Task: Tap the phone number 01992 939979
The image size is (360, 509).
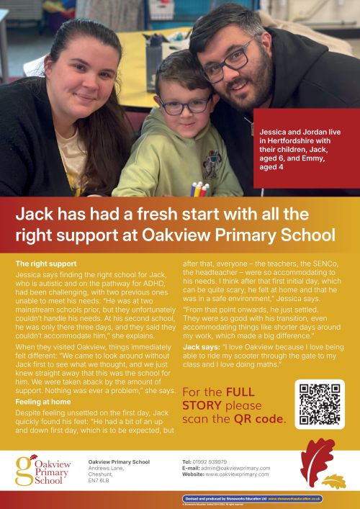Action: tap(215, 461)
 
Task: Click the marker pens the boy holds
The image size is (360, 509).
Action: tap(199, 189)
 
